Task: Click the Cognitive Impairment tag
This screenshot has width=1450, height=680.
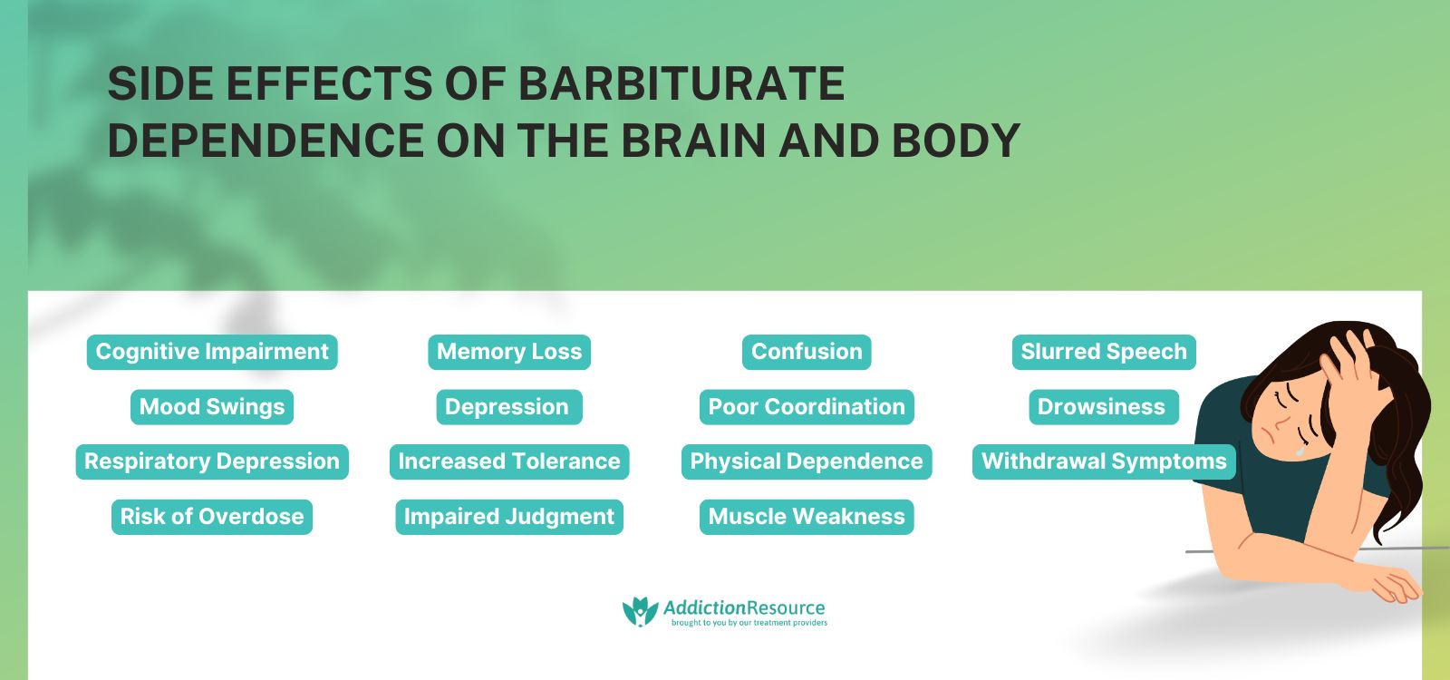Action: (212, 352)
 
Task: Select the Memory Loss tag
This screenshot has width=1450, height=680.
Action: (509, 352)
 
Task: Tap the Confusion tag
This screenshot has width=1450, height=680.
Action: (807, 352)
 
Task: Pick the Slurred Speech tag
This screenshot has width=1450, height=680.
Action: (1104, 352)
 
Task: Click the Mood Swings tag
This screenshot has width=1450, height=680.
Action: (212, 407)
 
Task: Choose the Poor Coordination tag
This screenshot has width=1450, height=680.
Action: (807, 407)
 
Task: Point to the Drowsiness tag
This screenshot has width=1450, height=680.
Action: (1102, 407)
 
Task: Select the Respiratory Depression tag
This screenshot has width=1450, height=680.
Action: (212, 461)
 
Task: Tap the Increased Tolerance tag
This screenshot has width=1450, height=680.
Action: (509, 461)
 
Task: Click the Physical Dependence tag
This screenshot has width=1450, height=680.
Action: (807, 461)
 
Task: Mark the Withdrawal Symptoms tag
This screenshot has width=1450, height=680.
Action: (1104, 461)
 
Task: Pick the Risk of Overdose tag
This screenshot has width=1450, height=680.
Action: (212, 517)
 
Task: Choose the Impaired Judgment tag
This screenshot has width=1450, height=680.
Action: (509, 517)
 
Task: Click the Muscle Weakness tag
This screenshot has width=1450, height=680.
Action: (807, 517)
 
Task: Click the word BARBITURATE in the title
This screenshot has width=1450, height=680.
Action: (681, 84)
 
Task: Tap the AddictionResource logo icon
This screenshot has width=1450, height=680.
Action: (640, 612)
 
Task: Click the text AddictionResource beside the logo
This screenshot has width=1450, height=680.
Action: (744, 607)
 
